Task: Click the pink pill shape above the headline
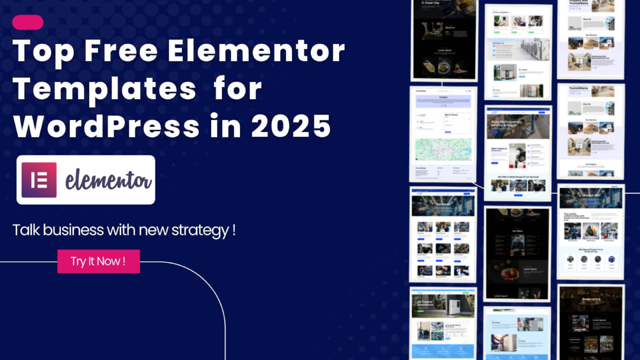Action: (x=27, y=22)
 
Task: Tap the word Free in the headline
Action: (x=121, y=51)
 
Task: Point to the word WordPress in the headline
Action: (x=107, y=126)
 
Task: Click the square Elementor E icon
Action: (x=39, y=180)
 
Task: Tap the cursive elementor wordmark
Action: (x=108, y=180)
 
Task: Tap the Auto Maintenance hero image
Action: (x=518, y=126)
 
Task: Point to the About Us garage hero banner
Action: (x=590, y=197)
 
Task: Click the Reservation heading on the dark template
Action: (x=591, y=299)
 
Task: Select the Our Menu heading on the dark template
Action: (x=517, y=231)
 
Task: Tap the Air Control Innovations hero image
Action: (x=443, y=305)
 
